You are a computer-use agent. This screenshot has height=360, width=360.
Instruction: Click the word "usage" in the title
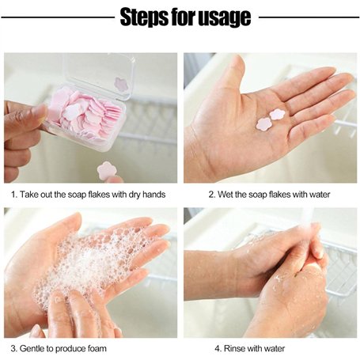coord(224,18)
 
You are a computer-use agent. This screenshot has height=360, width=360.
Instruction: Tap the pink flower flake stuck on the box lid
coord(121,85)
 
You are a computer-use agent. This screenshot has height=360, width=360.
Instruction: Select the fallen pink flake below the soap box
coord(107,170)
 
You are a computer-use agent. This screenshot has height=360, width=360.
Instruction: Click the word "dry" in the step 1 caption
coord(135,195)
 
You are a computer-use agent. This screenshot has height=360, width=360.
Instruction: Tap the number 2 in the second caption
coord(212,195)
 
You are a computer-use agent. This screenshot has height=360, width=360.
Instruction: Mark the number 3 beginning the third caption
coord(13,348)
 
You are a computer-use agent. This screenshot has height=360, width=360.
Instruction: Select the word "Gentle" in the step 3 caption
coord(32,348)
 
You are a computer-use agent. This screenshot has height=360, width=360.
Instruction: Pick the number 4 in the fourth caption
coord(218,348)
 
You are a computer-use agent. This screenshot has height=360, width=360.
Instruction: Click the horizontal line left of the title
coord(58,17)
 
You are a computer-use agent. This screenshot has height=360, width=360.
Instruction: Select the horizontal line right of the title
coord(309,17)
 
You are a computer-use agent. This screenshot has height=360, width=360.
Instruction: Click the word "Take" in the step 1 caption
coord(28,195)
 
